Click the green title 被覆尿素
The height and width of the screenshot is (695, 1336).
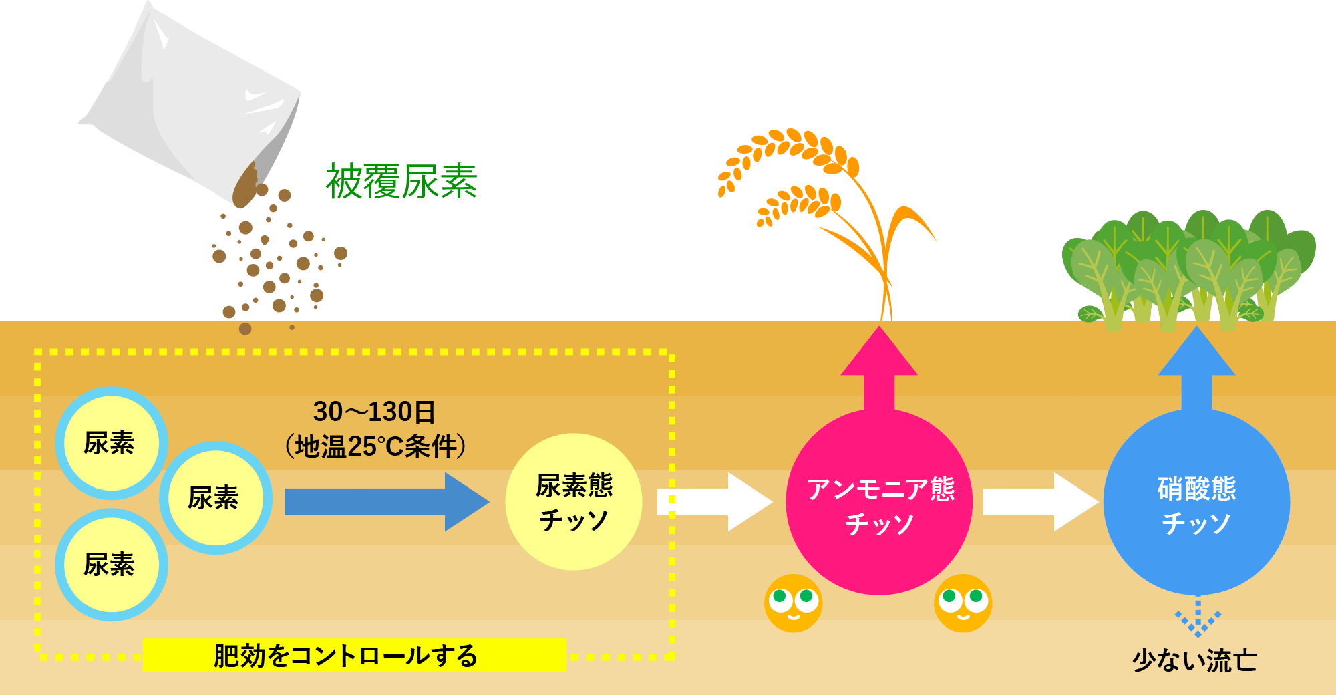pos(401,182)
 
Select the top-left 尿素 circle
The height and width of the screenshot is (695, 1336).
pos(111,443)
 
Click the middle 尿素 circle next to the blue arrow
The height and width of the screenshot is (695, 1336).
pos(215,498)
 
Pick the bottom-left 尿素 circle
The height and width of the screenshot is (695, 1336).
pos(111,565)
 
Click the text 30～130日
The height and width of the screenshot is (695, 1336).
pos(374,412)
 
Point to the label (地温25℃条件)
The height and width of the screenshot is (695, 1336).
pos(375,446)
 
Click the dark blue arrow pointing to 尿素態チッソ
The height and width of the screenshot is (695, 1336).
pos(387,502)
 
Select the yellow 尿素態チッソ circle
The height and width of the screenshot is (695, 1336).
pos(574,502)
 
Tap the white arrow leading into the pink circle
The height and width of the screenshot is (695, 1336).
pos(715,502)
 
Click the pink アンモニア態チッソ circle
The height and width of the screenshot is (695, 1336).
pos(879,502)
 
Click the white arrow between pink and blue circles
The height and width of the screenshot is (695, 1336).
pos(1041,502)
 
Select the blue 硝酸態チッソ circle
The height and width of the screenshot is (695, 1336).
pos(1196,502)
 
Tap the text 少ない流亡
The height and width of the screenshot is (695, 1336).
pos(1195,660)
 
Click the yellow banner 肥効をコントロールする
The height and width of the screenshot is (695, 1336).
pos(355,655)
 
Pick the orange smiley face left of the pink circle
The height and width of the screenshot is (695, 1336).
pos(794,603)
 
